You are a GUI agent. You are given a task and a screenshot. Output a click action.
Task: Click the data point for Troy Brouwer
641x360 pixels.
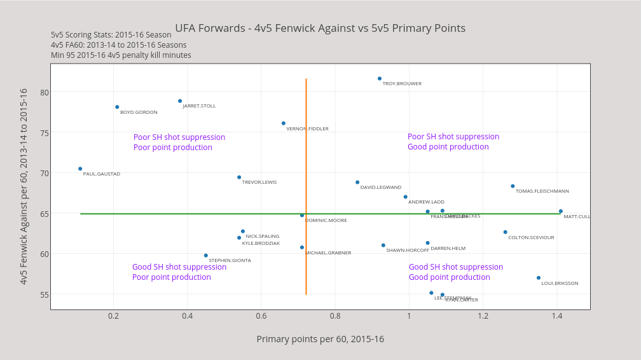(x=380, y=79)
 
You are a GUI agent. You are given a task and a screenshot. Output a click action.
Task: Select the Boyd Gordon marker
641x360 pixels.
(x=117, y=107)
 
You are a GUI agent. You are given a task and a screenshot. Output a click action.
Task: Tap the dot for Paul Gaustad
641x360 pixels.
(x=80, y=169)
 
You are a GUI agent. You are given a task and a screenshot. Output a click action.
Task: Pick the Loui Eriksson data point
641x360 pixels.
(x=539, y=278)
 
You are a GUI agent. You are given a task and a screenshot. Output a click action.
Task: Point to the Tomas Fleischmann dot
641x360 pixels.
(x=513, y=186)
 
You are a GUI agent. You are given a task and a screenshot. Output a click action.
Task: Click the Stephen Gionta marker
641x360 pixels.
(x=206, y=256)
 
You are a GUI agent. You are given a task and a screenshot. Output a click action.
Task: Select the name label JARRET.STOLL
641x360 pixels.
(x=199, y=106)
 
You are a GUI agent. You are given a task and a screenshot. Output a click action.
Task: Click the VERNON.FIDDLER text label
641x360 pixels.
(x=307, y=129)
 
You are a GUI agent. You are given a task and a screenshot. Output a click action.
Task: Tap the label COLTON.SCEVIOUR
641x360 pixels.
(x=531, y=238)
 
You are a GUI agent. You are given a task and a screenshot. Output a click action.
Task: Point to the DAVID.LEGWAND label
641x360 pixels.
(x=380, y=188)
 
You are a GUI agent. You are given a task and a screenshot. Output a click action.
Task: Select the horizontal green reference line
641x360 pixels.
(x=191, y=214)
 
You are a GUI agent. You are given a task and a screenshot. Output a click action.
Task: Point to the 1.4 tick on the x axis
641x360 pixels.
(x=557, y=316)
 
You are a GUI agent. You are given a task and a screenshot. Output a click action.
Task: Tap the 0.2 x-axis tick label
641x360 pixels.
(x=113, y=316)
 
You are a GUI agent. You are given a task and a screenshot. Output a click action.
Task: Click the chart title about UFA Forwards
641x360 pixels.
(x=320, y=29)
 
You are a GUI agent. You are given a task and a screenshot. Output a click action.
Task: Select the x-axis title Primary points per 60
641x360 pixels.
(x=320, y=339)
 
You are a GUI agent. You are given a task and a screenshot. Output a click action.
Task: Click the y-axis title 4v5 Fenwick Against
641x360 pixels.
(x=24, y=186)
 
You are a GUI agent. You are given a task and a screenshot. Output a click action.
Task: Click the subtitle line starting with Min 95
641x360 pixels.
(x=121, y=55)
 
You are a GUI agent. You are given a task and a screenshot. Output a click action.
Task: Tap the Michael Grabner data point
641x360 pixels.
(x=302, y=247)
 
